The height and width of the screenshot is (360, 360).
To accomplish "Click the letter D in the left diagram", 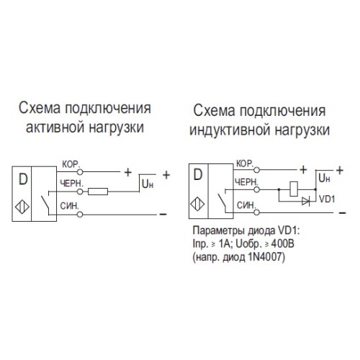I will (22, 176).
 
